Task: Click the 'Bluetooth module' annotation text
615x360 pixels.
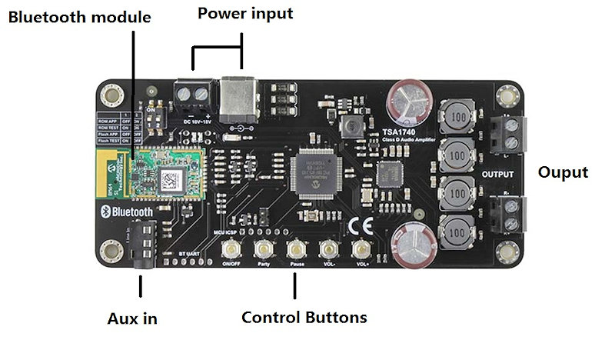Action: [x=79, y=17]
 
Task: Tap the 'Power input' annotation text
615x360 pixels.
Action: [x=245, y=13]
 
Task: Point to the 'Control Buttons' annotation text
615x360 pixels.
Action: [x=304, y=317]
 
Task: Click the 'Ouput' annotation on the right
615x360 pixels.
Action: [x=563, y=172]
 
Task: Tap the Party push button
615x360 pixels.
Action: [x=264, y=249]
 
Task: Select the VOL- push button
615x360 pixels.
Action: [x=329, y=249]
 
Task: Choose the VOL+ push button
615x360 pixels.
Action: [x=361, y=249]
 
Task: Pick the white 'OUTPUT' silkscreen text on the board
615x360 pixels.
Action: [x=497, y=175]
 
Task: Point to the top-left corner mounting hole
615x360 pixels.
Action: [x=112, y=98]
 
